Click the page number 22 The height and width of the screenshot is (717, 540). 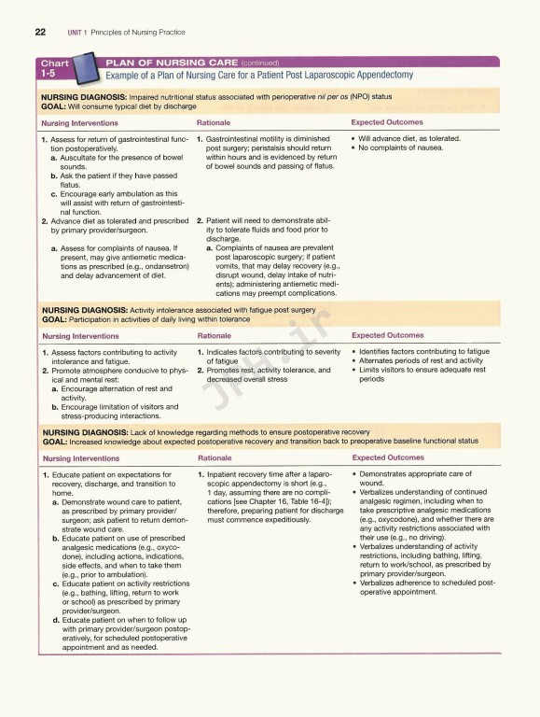40,31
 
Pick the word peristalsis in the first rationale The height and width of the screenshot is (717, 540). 260,148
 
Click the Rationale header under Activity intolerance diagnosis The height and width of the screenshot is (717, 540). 215,335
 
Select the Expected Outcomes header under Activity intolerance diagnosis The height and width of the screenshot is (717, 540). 387,335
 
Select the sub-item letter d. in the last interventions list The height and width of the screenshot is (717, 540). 56,620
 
